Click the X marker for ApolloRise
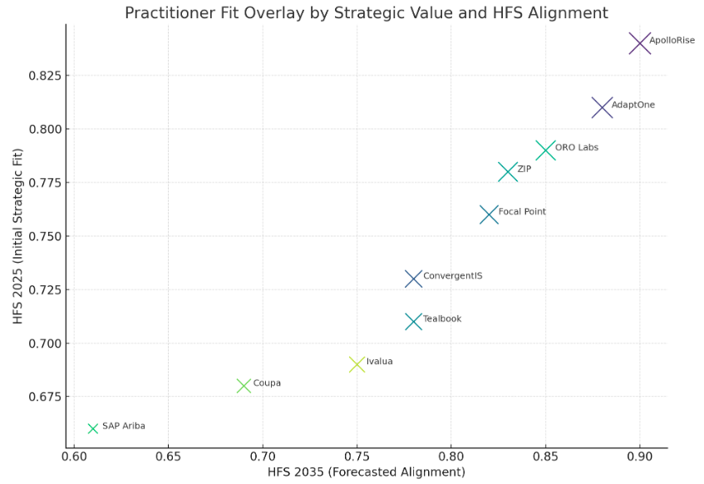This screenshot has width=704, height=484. (639, 43)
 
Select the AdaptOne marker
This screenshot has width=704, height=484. (602, 107)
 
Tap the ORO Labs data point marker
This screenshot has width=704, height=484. (545, 151)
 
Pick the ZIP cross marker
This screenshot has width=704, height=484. (508, 172)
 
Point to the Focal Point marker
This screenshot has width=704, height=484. (489, 215)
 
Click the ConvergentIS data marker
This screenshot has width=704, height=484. (413, 279)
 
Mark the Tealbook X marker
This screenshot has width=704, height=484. (413, 322)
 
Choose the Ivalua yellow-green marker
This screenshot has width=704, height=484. (357, 364)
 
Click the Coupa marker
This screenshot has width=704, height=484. (244, 386)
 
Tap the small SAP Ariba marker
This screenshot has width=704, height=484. (93, 429)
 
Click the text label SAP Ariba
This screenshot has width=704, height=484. (124, 426)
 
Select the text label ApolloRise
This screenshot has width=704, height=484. (672, 40)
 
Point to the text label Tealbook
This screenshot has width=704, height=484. (442, 319)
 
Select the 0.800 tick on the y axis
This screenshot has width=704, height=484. (43, 129)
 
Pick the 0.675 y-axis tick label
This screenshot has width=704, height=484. (43, 397)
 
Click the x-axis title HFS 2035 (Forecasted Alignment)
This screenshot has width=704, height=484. (366, 472)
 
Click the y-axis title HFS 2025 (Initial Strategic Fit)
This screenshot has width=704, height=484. (17, 235)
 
